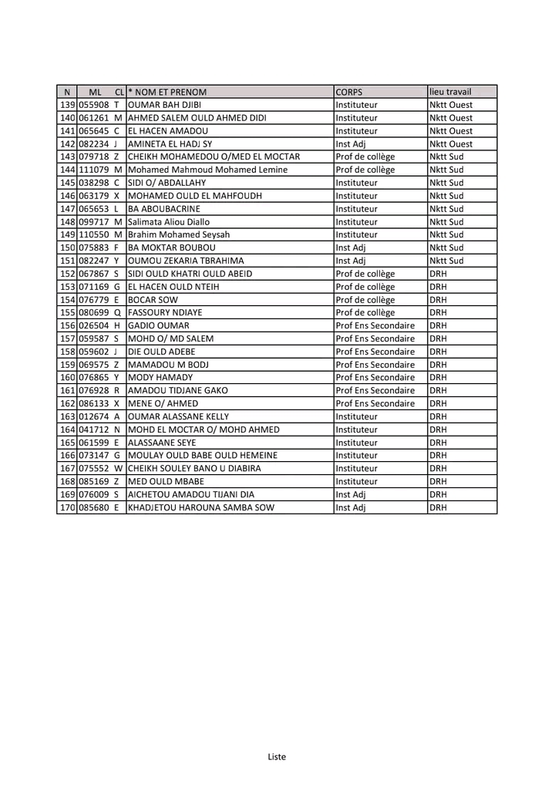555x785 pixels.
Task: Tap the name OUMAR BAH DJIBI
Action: (164, 105)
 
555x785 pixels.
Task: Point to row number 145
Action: (67, 183)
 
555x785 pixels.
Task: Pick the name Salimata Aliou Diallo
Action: (169, 222)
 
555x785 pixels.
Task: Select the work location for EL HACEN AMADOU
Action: (451, 131)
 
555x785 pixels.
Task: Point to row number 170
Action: (67, 508)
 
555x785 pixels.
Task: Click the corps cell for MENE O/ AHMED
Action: (375, 404)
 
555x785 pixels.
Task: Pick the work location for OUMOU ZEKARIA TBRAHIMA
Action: (446, 261)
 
